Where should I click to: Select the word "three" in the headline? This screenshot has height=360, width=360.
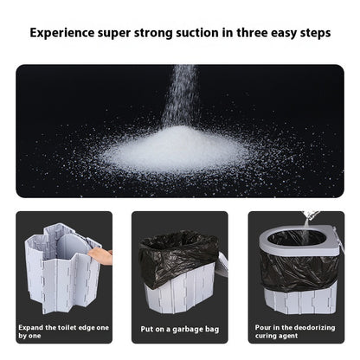[x=236, y=35]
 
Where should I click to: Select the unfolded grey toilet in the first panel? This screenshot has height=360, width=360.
[x=61, y=264]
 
